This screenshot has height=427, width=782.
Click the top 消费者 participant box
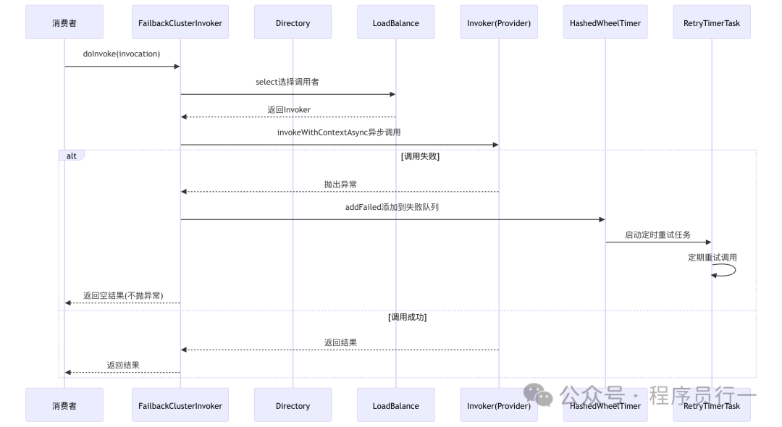64,22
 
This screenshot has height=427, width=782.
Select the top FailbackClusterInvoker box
180,22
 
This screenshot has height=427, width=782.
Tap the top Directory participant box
293,22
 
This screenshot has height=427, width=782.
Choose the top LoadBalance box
395,22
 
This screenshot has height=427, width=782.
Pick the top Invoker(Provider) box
499,22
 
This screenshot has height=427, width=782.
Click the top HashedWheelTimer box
605,22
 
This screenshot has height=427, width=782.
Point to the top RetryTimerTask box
711,22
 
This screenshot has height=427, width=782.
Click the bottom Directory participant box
293,405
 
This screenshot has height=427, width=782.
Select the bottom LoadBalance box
395,405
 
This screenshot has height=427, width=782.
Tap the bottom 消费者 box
64,405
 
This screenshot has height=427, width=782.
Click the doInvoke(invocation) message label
122,54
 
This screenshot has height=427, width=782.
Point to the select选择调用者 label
287,82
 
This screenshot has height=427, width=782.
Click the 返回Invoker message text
288,110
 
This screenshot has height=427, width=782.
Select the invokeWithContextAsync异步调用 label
339,132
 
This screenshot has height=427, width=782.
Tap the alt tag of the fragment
71,156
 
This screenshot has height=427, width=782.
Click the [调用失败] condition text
420,156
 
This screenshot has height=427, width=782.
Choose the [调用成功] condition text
408,317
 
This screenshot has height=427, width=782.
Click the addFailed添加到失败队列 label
392,207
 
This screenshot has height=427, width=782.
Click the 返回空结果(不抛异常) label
122,295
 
